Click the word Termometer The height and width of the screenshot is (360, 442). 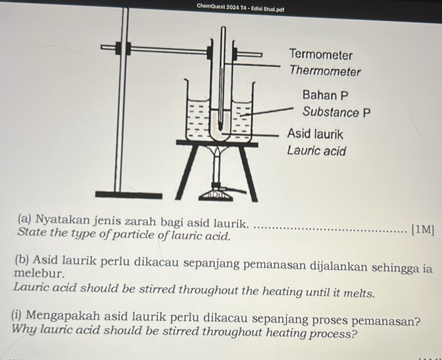pos(321,54)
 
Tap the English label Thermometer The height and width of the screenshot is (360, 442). pos(325,71)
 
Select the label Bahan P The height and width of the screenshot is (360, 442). pos(325,95)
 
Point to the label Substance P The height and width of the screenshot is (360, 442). pos(336,112)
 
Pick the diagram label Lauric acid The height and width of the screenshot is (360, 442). pos(317,151)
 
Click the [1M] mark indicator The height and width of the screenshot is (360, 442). pos(422,229)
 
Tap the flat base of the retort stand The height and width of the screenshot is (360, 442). pos(121,193)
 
